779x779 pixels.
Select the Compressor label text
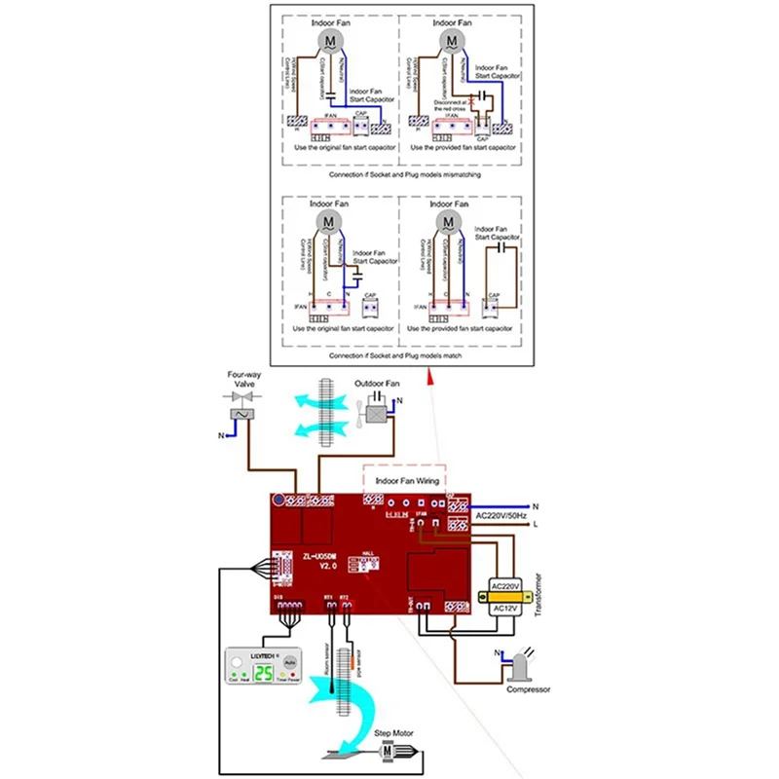point(528,689)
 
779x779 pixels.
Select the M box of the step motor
point(387,751)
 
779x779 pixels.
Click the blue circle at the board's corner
point(279,501)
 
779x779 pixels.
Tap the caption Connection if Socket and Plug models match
point(399,355)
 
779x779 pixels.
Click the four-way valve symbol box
point(239,414)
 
